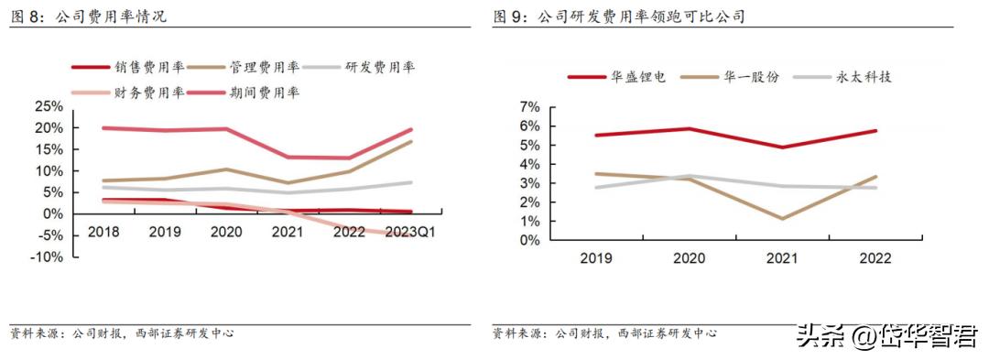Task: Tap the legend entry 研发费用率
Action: pos(380,67)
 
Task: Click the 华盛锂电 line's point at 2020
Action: pos(690,128)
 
